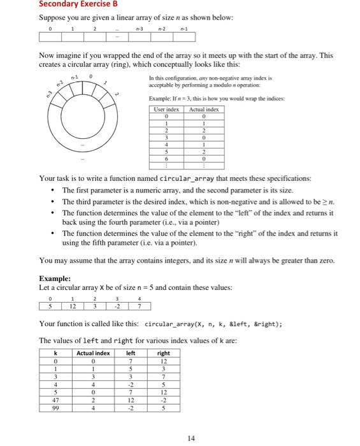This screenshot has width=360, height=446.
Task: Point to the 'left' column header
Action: tap(130, 352)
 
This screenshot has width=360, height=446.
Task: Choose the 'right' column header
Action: tap(164, 352)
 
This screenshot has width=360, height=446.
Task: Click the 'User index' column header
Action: tap(166, 110)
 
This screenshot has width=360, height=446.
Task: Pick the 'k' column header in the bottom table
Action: tap(56, 352)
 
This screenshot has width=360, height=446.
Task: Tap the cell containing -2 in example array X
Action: tap(117, 305)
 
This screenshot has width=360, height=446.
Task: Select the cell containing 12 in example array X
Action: tap(73, 305)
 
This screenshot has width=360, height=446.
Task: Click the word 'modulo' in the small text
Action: tap(224, 85)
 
